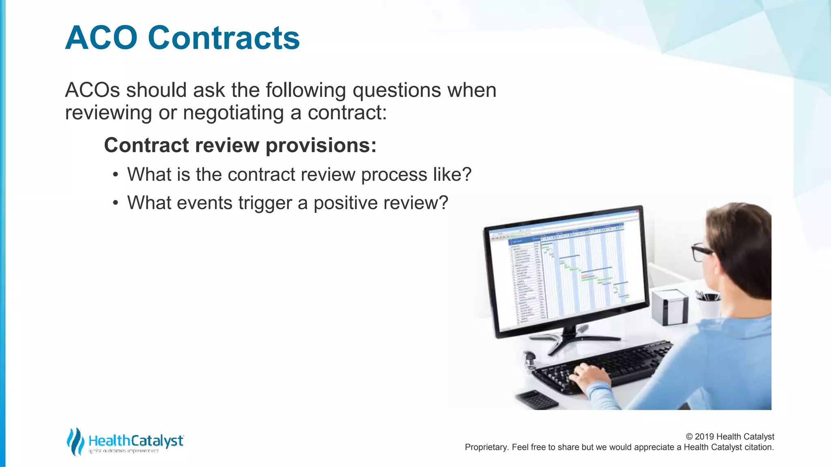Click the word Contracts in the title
tap(224, 38)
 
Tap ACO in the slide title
tap(101, 38)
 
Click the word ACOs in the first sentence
tap(93, 90)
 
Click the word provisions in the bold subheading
tap(321, 145)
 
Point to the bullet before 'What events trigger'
tap(116, 203)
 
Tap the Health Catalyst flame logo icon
tap(75, 441)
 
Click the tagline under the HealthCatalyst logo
tap(123, 451)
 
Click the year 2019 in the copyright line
tap(704, 437)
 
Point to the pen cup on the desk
tap(708, 306)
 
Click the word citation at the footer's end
tap(758, 447)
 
